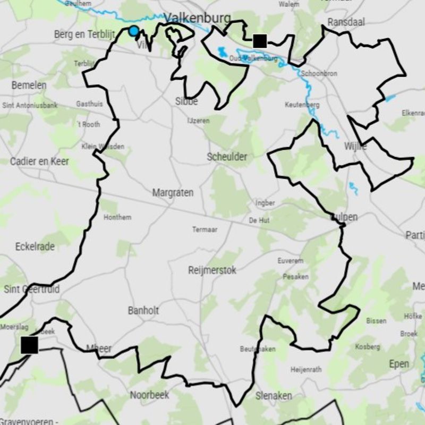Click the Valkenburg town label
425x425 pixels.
pyautogui.click(x=197, y=19)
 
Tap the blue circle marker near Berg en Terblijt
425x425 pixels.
pyautogui.click(x=134, y=31)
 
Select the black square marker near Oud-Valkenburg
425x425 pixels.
pyautogui.click(x=259, y=41)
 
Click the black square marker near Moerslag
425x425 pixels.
pyautogui.click(x=30, y=345)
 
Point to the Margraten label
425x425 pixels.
pyautogui.click(x=173, y=193)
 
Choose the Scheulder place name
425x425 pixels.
pyautogui.click(x=227, y=157)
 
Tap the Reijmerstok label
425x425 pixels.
pyautogui.click(x=212, y=270)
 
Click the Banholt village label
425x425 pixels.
pyautogui.click(x=143, y=310)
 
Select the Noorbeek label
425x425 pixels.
pyautogui.click(x=150, y=395)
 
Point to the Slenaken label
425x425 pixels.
pyautogui.click(x=274, y=396)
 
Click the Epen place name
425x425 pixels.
pyautogui.click(x=399, y=364)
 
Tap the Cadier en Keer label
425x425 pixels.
pyautogui.click(x=39, y=161)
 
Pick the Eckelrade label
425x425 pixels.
pyautogui.click(x=36, y=246)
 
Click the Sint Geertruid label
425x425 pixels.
pyautogui.click(x=31, y=289)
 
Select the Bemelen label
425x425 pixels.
pyautogui.click(x=29, y=85)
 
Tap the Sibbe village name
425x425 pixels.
pyautogui.click(x=186, y=101)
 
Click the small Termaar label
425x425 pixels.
pyautogui.click(x=205, y=229)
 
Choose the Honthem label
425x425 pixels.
pyautogui.click(x=117, y=217)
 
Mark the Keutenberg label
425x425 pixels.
pyautogui.click(x=302, y=105)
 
